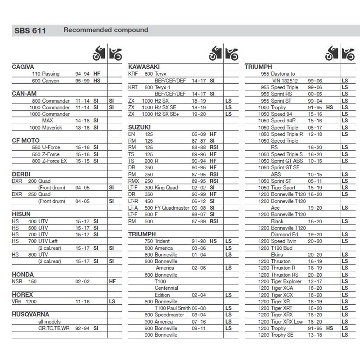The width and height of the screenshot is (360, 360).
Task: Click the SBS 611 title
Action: click(29, 31)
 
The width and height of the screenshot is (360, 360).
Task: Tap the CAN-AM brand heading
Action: click(24, 94)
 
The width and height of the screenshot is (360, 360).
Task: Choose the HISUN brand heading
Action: click(21, 214)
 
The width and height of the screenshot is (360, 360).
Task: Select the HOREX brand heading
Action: click(22, 295)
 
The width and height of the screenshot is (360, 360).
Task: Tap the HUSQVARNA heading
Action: click(31, 315)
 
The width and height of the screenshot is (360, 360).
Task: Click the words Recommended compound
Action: click(106, 30)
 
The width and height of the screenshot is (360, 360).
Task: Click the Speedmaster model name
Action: click(170, 315)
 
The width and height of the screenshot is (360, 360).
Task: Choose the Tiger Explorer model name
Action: click(286, 281)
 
